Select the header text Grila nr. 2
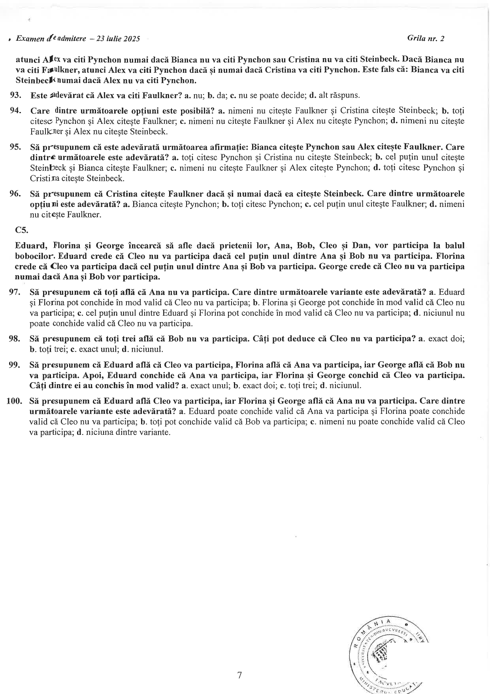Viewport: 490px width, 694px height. tap(425, 38)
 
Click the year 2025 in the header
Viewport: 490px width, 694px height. tap(132, 39)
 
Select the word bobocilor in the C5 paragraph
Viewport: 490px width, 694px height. tap(33, 256)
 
